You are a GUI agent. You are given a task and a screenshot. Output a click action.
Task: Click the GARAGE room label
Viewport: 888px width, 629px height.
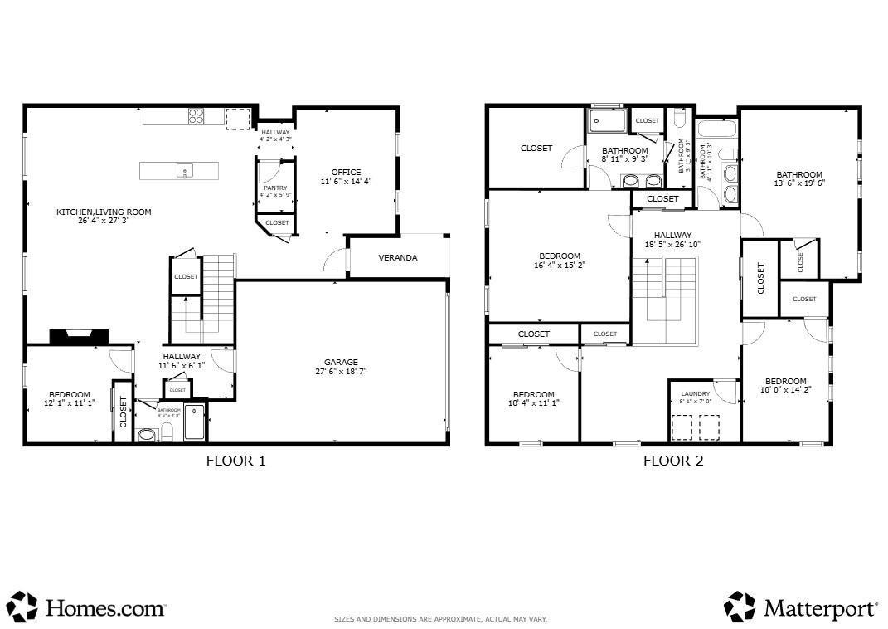pos(341,362)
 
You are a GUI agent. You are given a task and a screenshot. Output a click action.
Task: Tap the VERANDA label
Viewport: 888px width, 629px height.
pos(398,258)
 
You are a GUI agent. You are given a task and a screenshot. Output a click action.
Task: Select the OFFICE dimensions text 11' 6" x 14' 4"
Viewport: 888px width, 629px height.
pos(346,181)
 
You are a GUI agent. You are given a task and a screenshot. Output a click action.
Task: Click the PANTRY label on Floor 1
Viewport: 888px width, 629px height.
pos(275,188)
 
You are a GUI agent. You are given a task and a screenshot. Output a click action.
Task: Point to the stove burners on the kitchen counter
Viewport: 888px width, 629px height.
pos(197,117)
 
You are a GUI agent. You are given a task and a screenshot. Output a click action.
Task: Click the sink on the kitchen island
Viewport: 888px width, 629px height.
pos(184,171)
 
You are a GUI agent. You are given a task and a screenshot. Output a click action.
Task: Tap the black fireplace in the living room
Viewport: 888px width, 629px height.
pos(80,336)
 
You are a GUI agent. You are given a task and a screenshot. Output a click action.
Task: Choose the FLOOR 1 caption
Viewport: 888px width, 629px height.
pos(235,461)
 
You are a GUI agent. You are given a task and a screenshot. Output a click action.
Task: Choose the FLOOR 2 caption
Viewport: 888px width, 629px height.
pos(673,461)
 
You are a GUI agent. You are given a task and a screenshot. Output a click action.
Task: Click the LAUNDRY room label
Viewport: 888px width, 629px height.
pos(696,393)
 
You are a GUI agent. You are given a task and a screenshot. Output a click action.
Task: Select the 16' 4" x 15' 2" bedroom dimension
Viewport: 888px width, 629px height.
pos(560,266)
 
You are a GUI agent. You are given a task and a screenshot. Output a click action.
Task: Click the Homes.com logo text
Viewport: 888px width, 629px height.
pos(104,608)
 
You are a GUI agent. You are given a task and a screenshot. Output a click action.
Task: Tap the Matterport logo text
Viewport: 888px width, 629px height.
pos(820,608)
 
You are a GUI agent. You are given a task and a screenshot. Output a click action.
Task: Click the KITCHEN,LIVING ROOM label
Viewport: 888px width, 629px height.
pos(104,212)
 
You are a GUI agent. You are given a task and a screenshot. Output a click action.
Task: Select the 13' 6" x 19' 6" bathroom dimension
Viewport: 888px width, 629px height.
pos(799,183)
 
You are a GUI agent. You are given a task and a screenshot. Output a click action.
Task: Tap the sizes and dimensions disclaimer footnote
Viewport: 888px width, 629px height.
pos(440,619)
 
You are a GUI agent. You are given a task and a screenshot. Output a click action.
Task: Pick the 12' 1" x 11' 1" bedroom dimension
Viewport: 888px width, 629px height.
pos(69,403)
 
